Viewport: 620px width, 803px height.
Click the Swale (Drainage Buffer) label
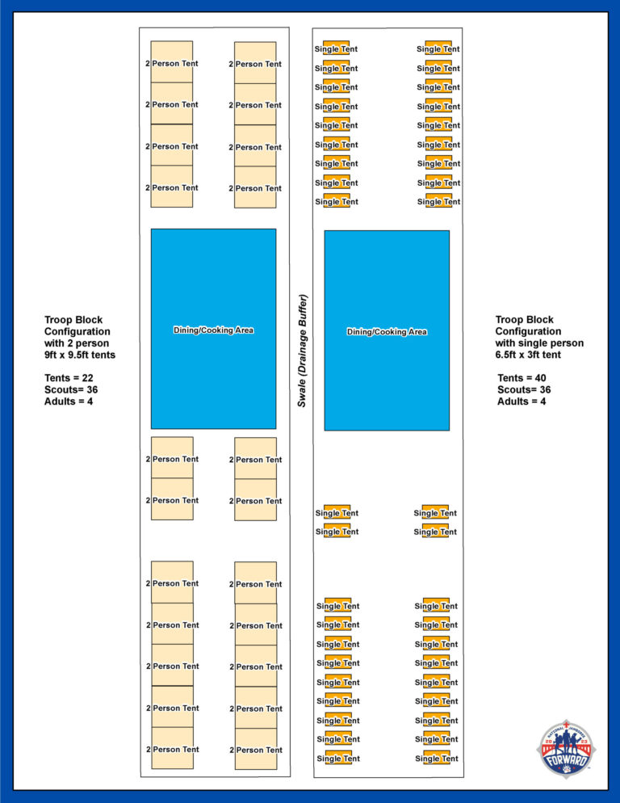pos(302,351)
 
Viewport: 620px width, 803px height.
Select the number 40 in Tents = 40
pos(540,378)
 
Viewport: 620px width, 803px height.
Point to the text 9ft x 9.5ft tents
pos(79,354)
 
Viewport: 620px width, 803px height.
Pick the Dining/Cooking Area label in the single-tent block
pos(387,332)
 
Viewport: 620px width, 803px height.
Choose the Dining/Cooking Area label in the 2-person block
pos(213,330)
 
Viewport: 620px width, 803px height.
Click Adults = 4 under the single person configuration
pos(521,401)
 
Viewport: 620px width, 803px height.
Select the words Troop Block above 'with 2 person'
pos(73,320)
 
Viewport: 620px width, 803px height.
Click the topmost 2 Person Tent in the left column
pos(172,63)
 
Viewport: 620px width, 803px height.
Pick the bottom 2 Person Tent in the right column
pos(255,750)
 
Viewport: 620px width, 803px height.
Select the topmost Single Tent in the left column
pos(336,49)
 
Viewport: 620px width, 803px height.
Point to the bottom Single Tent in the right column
pos(437,759)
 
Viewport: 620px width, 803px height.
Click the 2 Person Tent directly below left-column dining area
pos(172,459)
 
